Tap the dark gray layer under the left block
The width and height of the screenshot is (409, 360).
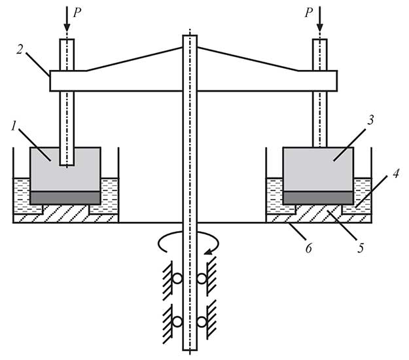coord(65,198)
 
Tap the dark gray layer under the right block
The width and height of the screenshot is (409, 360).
coord(318,198)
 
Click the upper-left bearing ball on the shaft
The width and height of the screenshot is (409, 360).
coord(177,278)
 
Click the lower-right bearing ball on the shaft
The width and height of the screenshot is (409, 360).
coord(202,321)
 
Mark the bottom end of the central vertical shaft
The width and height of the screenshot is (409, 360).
coord(190,349)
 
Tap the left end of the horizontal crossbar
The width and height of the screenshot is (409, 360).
coord(53,81)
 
